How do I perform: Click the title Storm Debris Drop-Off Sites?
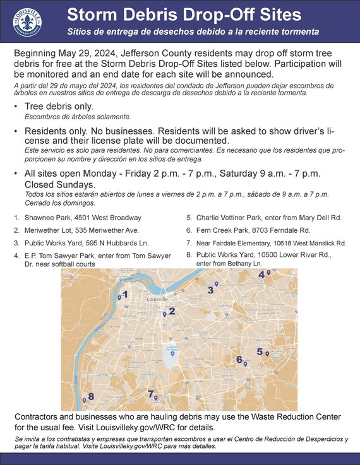click(193, 14)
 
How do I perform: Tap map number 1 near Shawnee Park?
click(125, 294)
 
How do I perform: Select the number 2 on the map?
click(172, 310)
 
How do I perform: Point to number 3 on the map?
click(210, 290)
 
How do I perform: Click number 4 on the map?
click(261, 274)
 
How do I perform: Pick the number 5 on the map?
click(260, 351)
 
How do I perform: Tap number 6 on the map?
click(239, 360)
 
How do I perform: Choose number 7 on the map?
click(150, 394)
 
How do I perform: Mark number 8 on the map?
click(91, 396)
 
